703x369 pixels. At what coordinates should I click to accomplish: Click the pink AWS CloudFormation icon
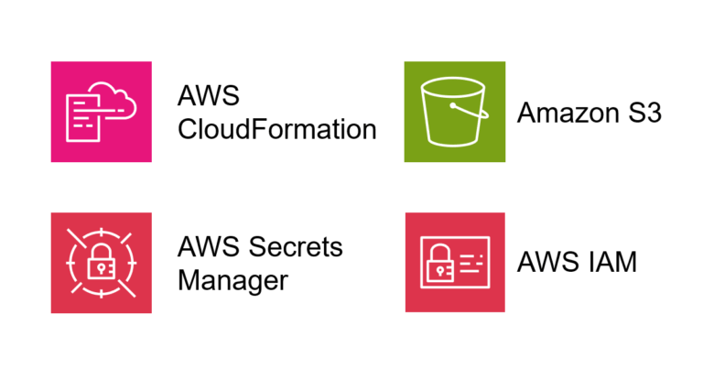tap(101, 112)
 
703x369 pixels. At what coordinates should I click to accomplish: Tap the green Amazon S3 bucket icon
tap(454, 112)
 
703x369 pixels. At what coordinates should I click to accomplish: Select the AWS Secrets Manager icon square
tap(101, 263)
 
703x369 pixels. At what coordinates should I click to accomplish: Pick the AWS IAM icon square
tap(454, 263)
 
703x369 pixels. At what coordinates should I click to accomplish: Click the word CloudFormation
tap(276, 129)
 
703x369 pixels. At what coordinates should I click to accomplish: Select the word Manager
tap(233, 279)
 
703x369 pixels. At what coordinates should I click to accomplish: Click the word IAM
tap(608, 263)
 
